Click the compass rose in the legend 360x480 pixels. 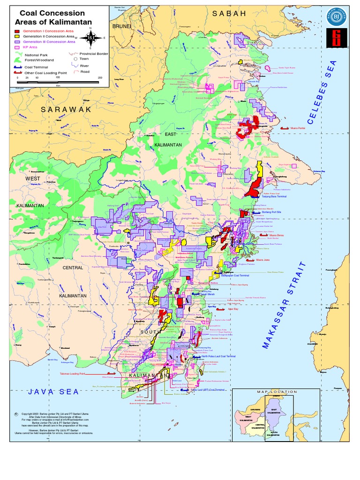click(x=90, y=38)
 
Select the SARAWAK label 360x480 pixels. click(x=65, y=109)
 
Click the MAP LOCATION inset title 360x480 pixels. click(x=277, y=391)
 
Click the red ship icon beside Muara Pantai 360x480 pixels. click(x=284, y=127)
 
